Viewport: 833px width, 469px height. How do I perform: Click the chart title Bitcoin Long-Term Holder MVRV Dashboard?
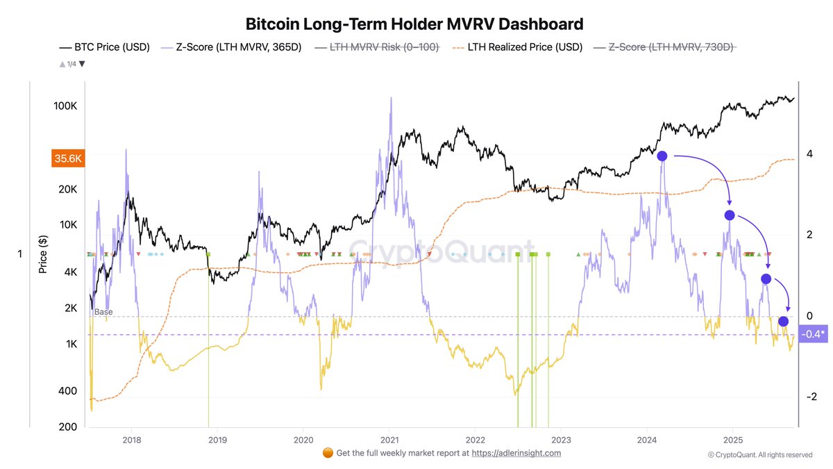point(414,24)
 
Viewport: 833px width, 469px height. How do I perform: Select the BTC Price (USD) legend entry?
point(104,47)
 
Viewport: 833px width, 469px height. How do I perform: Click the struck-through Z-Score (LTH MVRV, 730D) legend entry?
point(664,47)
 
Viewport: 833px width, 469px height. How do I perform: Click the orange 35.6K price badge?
point(67,158)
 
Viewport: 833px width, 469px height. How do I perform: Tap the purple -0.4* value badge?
point(813,335)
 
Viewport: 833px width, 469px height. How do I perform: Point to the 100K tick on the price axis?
point(70,106)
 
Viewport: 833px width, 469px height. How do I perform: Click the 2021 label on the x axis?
point(389,440)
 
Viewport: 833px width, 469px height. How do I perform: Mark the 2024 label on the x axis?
point(647,440)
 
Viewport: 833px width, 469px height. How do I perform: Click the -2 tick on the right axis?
point(809,397)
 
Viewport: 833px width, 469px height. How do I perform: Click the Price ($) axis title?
point(43,254)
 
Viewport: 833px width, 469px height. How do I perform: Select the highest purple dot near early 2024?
point(662,156)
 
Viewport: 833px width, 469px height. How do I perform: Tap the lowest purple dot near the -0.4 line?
point(783,321)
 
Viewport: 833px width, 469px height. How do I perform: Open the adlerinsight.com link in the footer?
point(516,453)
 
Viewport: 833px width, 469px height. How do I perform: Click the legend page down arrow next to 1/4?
point(83,64)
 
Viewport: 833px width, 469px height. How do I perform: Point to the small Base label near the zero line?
point(103,312)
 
